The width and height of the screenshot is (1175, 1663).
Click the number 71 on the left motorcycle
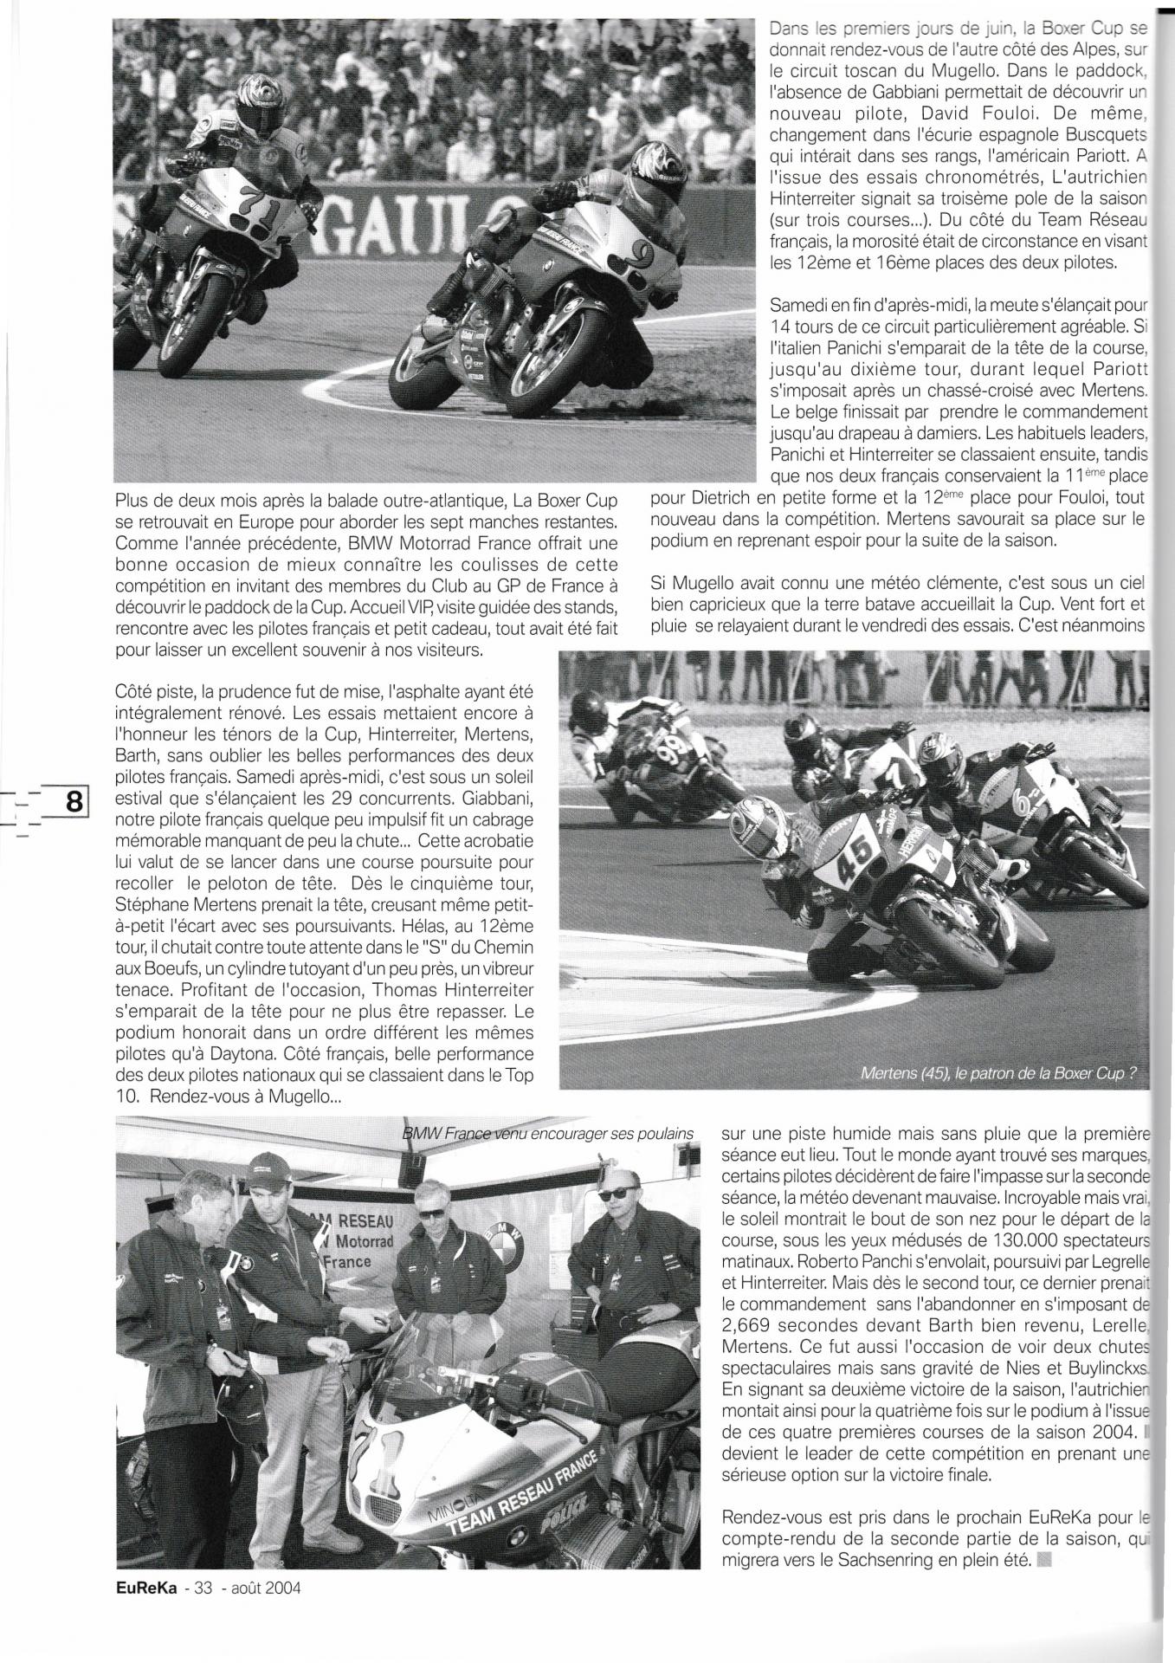tap(252, 201)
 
